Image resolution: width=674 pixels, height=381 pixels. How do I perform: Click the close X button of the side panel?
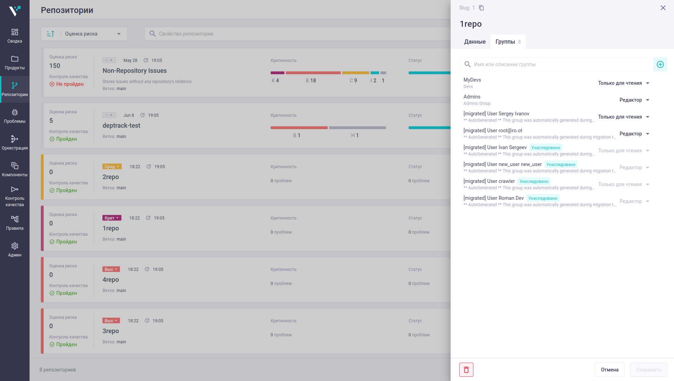click(x=663, y=8)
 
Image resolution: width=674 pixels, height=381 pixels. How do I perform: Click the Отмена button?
click(x=610, y=370)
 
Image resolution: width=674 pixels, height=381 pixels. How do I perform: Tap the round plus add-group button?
click(x=660, y=64)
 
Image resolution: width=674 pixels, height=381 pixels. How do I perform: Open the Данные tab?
click(x=475, y=42)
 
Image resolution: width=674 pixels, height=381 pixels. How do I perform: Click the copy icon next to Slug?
click(x=481, y=8)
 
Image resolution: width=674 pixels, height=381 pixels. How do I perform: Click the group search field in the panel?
click(x=554, y=64)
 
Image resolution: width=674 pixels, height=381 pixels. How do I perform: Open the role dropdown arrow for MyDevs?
click(x=648, y=83)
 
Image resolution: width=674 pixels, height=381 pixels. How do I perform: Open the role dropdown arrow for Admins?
click(x=648, y=100)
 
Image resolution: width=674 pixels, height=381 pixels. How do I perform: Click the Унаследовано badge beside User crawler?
click(x=534, y=182)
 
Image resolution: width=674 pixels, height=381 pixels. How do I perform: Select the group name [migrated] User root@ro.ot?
click(x=493, y=131)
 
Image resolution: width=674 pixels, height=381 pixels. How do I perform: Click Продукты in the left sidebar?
click(x=15, y=63)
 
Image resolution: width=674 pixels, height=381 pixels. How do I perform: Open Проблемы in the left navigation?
click(x=15, y=116)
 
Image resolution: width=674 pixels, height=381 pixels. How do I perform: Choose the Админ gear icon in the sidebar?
click(x=15, y=246)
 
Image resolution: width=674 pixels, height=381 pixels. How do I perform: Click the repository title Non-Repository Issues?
click(x=134, y=71)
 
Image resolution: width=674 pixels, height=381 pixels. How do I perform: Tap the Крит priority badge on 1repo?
click(x=112, y=218)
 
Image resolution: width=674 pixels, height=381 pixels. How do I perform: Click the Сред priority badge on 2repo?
click(x=112, y=167)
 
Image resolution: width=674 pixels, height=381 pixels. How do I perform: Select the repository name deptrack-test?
click(x=121, y=126)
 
